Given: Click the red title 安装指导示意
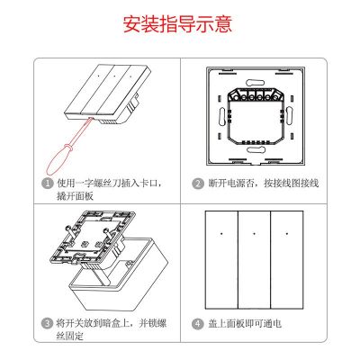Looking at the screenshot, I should pyautogui.click(x=179, y=23).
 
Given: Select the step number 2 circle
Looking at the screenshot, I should pyautogui.click(x=197, y=183).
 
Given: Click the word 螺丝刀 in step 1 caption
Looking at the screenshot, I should pyautogui.click(x=106, y=183).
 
